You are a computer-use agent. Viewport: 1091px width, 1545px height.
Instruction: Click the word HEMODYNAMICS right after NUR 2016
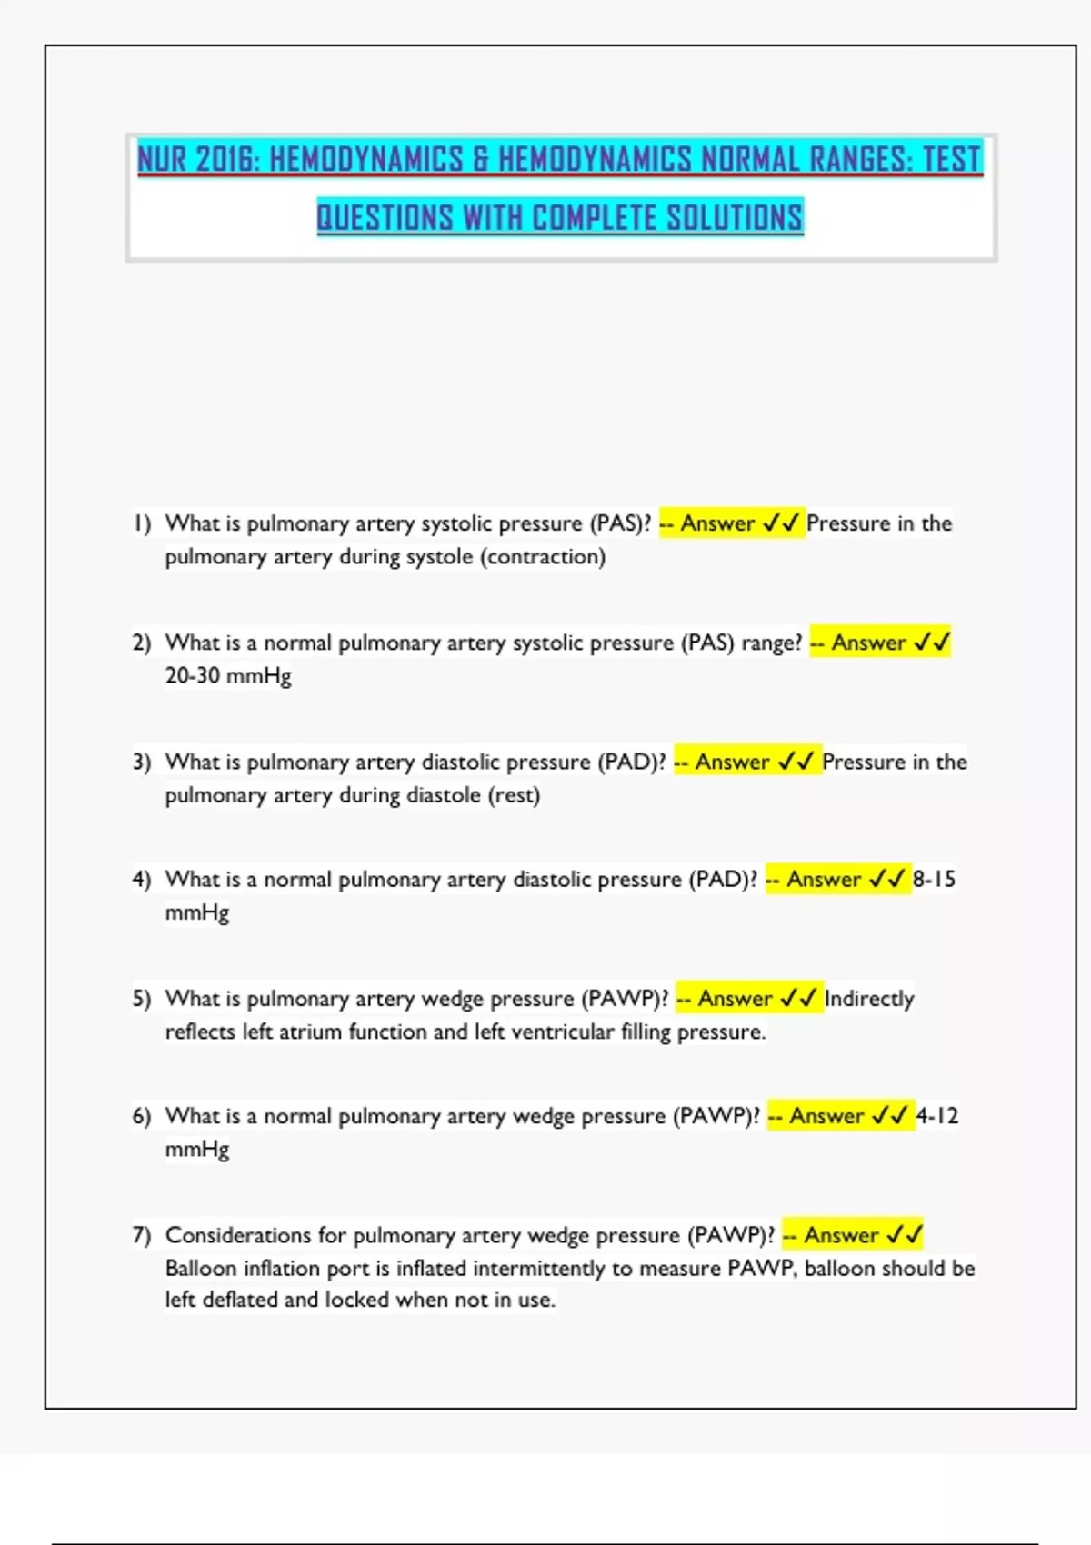(x=366, y=160)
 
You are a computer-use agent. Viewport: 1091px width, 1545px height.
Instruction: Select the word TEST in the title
(x=951, y=160)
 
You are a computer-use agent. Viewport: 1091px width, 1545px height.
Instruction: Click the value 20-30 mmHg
(x=228, y=676)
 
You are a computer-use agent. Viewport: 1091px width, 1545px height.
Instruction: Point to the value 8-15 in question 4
(x=935, y=880)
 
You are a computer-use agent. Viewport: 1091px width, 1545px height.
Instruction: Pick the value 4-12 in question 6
(x=937, y=1116)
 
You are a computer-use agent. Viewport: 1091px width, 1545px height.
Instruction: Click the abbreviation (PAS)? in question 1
(x=621, y=523)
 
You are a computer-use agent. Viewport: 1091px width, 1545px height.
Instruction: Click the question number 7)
(x=142, y=1235)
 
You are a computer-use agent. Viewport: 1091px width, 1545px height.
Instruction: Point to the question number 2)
(x=142, y=643)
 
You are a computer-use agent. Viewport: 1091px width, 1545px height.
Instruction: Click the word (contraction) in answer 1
(x=543, y=556)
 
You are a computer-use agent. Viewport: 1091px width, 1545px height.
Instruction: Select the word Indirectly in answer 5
(x=869, y=999)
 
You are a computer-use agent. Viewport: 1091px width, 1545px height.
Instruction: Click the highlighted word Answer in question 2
(x=869, y=643)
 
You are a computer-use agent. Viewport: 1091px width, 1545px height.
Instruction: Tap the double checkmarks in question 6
(x=889, y=1116)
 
